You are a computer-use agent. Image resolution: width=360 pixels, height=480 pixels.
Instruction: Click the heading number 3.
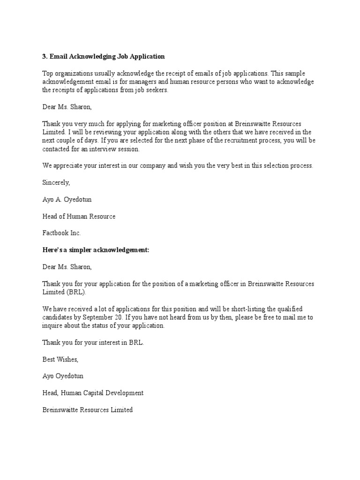click(x=45, y=57)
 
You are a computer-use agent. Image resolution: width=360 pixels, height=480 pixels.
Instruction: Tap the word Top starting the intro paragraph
click(x=48, y=74)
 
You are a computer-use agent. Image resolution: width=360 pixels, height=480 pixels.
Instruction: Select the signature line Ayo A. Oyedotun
click(x=67, y=200)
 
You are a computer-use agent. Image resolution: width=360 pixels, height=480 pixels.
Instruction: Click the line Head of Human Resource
click(x=79, y=217)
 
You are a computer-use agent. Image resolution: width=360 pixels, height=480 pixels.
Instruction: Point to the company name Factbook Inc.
click(x=62, y=233)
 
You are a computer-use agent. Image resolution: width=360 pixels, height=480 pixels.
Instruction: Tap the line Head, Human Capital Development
click(x=93, y=393)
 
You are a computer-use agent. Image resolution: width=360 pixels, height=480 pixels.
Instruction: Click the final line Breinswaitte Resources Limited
click(x=88, y=410)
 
